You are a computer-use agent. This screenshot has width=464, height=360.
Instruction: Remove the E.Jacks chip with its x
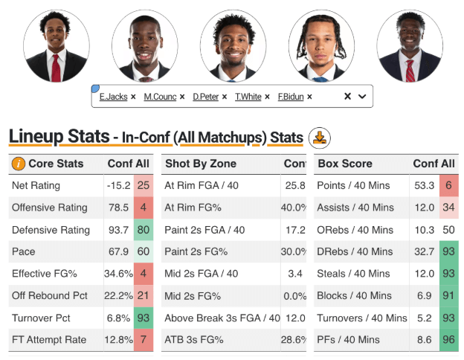tap(133, 97)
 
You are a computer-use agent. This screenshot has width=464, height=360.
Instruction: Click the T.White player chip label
tap(248, 97)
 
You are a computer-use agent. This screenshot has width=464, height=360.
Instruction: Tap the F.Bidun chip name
tap(291, 97)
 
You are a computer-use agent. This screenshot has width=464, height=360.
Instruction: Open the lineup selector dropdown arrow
tap(362, 97)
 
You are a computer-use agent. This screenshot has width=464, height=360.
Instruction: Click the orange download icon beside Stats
tap(319, 138)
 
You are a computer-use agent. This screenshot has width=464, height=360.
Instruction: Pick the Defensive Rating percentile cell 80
tap(144, 230)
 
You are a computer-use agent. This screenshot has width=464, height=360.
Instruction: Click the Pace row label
tap(24, 252)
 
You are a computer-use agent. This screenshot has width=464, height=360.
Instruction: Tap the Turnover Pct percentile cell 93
tap(144, 318)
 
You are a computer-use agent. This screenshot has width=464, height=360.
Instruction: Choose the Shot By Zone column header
tap(200, 164)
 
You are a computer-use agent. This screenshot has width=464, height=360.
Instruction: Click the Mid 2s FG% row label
tap(193, 296)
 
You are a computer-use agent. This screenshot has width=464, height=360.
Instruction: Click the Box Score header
tap(345, 164)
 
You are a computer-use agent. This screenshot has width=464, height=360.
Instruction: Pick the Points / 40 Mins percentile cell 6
tap(448, 186)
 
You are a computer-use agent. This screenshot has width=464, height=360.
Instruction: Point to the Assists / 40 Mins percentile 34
tap(448, 208)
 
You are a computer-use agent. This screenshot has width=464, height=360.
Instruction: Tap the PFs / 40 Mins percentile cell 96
tap(448, 340)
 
